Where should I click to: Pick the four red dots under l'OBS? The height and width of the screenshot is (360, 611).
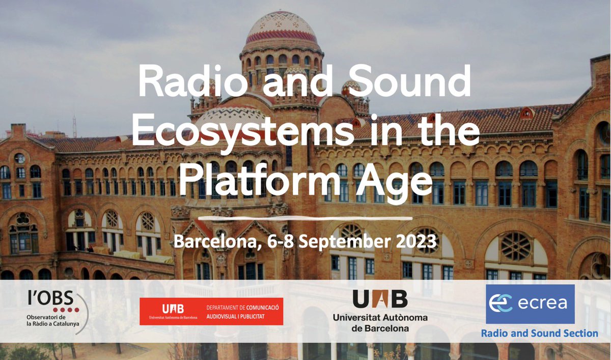[66, 310]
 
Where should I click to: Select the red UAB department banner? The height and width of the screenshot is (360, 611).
[211, 312]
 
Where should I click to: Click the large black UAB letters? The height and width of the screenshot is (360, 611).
[380, 299]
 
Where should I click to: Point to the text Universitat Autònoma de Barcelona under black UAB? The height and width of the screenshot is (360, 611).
[380, 323]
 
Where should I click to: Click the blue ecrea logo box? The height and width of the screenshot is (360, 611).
[530, 304]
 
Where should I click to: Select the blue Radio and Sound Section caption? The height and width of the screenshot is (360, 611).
[539, 334]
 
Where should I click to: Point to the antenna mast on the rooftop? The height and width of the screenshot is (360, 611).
[74, 126]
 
